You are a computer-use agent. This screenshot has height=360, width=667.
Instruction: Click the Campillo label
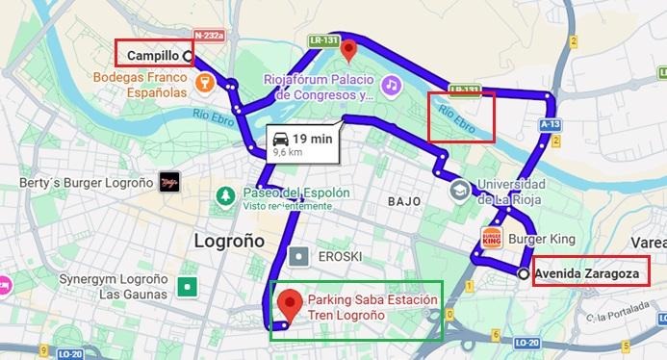(x=152, y=56)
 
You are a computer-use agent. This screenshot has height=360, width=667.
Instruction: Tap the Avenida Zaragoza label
(x=587, y=273)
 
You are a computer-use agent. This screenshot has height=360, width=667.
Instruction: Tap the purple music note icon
(x=390, y=86)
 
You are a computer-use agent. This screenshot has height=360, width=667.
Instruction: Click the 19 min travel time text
(x=313, y=138)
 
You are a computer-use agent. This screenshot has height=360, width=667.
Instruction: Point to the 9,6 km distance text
(x=290, y=152)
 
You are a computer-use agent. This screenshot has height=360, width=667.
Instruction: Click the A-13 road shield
(x=551, y=124)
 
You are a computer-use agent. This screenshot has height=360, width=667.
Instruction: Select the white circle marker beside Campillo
(x=187, y=56)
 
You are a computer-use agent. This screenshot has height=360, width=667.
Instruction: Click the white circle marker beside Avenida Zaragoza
(x=523, y=274)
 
